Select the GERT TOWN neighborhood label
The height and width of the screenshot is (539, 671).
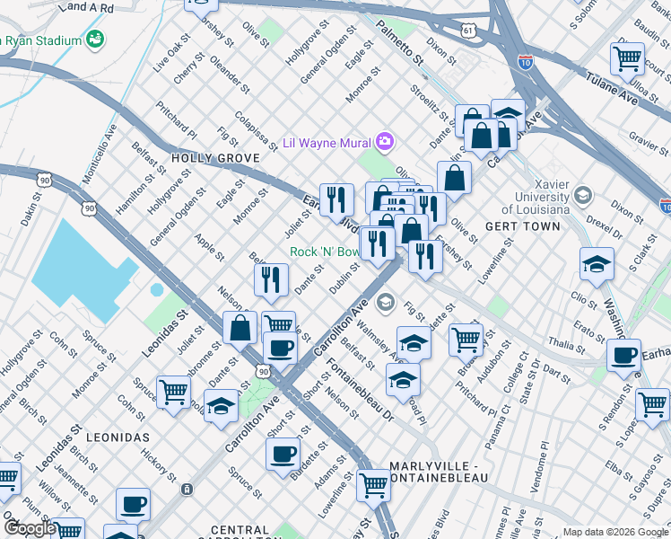[x=512, y=227]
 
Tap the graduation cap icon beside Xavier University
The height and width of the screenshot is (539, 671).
[x=583, y=195]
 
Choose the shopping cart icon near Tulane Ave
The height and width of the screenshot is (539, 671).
[x=627, y=60]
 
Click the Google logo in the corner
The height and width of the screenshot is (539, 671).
[x=30, y=527]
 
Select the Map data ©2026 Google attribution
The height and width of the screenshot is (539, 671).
[x=615, y=532]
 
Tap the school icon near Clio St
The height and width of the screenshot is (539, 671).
[x=597, y=264]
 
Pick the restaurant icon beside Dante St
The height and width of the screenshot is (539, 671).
[x=271, y=279]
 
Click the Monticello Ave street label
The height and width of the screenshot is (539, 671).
[x=100, y=154]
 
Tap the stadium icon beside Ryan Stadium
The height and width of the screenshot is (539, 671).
[x=94, y=40]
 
